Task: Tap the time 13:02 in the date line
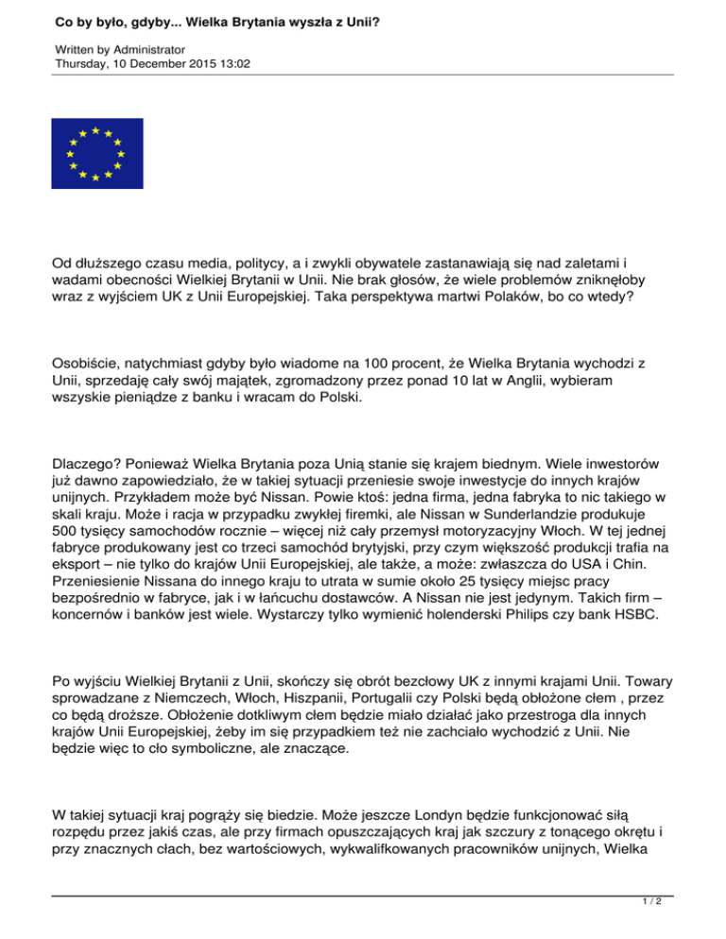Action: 235,63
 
